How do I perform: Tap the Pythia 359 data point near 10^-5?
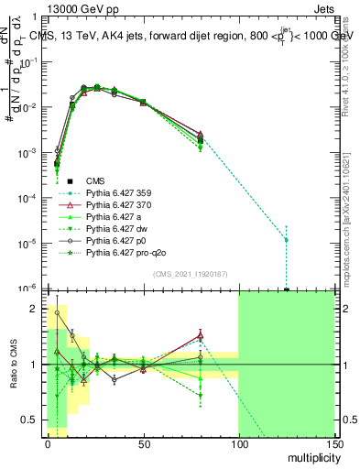click(287, 240)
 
